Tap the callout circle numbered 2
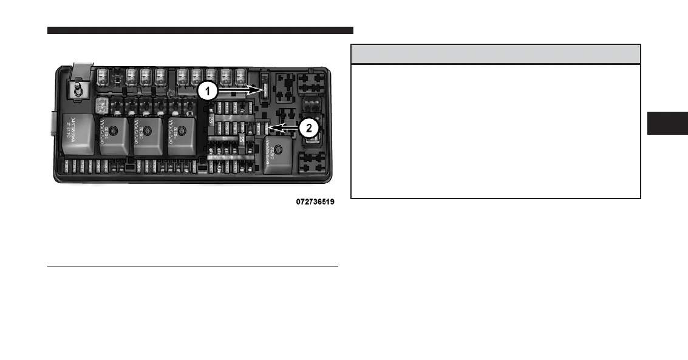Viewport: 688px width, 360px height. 309,128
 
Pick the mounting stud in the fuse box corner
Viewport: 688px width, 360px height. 78,90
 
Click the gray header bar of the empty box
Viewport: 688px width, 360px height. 496,54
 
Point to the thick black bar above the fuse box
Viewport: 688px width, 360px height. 200,30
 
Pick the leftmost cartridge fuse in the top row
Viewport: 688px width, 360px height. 103,76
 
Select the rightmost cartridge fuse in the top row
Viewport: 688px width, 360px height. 241,78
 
